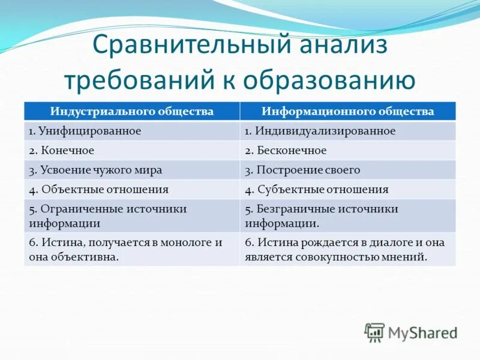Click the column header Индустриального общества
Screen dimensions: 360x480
click(131, 112)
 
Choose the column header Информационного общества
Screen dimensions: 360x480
click(347, 112)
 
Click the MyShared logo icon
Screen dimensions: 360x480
click(374, 332)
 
